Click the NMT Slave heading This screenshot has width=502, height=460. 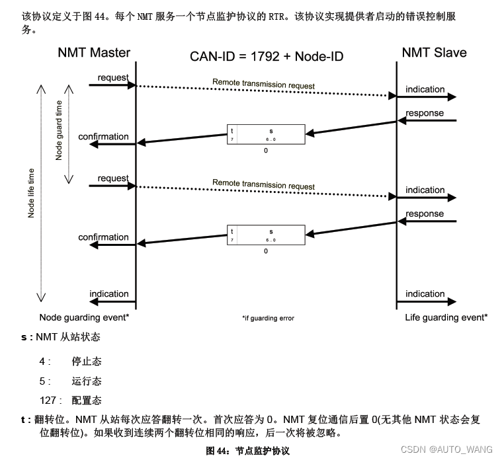tap(434, 52)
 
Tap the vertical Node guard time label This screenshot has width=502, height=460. tap(59, 130)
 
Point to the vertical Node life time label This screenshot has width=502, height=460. tap(30, 193)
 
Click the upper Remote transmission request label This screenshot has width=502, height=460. tap(263, 85)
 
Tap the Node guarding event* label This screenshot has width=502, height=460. tap(84, 317)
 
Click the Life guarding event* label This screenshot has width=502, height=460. tap(446, 317)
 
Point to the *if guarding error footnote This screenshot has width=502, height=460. tap(268, 318)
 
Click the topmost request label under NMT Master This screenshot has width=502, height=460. tap(113, 78)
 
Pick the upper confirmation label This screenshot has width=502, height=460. tap(103, 137)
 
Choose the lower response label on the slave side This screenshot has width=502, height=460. tap(425, 213)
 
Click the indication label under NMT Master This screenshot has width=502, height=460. tap(109, 293)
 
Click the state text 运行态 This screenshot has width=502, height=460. tap(87, 381)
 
